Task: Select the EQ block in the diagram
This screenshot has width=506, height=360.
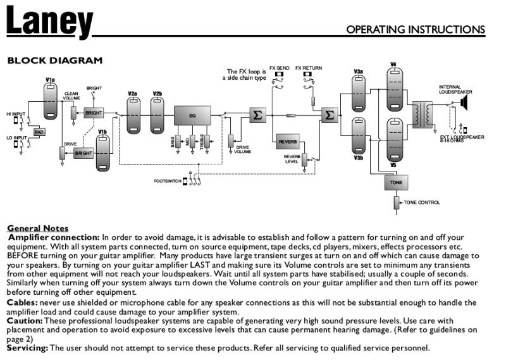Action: tap(192, 116)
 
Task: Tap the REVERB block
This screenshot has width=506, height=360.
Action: tap(288, 142)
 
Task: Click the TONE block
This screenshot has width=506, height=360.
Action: tap(395, 182)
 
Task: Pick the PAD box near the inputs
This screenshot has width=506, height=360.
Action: tap(39, 132)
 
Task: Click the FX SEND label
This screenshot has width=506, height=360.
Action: tap(279, 68)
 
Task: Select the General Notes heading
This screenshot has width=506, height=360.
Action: tap(38, 228)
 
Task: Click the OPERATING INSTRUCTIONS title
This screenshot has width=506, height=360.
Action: tap(416, 30)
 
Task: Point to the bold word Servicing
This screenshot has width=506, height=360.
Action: tap(27, 348)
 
